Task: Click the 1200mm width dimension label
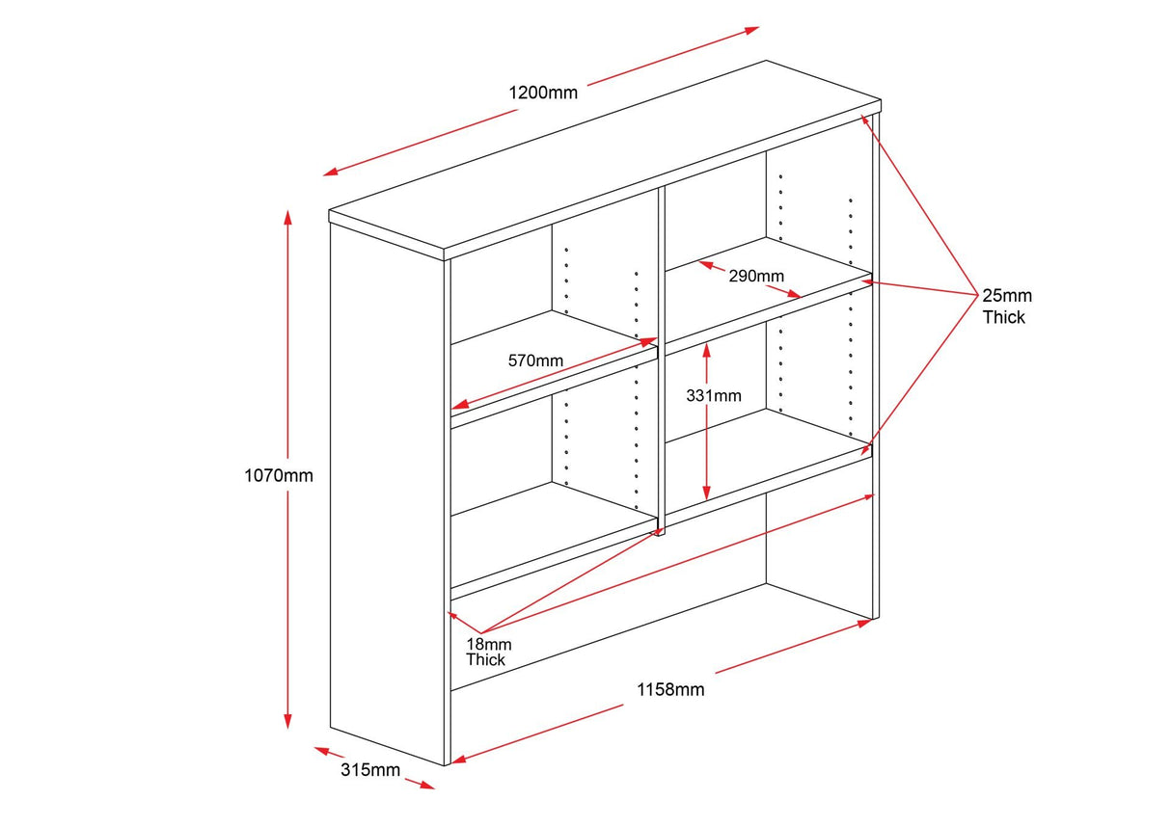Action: point(543,93)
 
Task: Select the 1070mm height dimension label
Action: point(279,475)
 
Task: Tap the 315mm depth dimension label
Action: point(370,770)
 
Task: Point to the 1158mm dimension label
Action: point(670,689)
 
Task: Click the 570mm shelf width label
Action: point(535,360)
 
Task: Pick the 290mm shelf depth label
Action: point(756,276)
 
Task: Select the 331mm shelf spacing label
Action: point(714,395)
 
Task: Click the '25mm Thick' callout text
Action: point(1006,306)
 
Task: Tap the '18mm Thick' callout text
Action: point(486,652)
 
